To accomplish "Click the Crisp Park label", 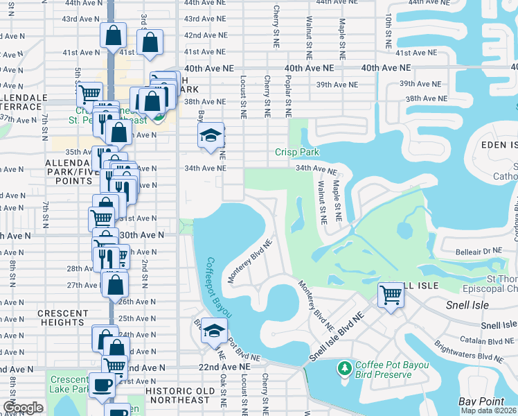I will click(296, 152).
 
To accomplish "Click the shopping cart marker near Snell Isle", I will click(391, 295).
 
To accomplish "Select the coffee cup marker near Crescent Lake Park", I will click(102, 385).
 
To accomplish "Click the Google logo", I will click(24, 408).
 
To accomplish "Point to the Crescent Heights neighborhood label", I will click(62, 318).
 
